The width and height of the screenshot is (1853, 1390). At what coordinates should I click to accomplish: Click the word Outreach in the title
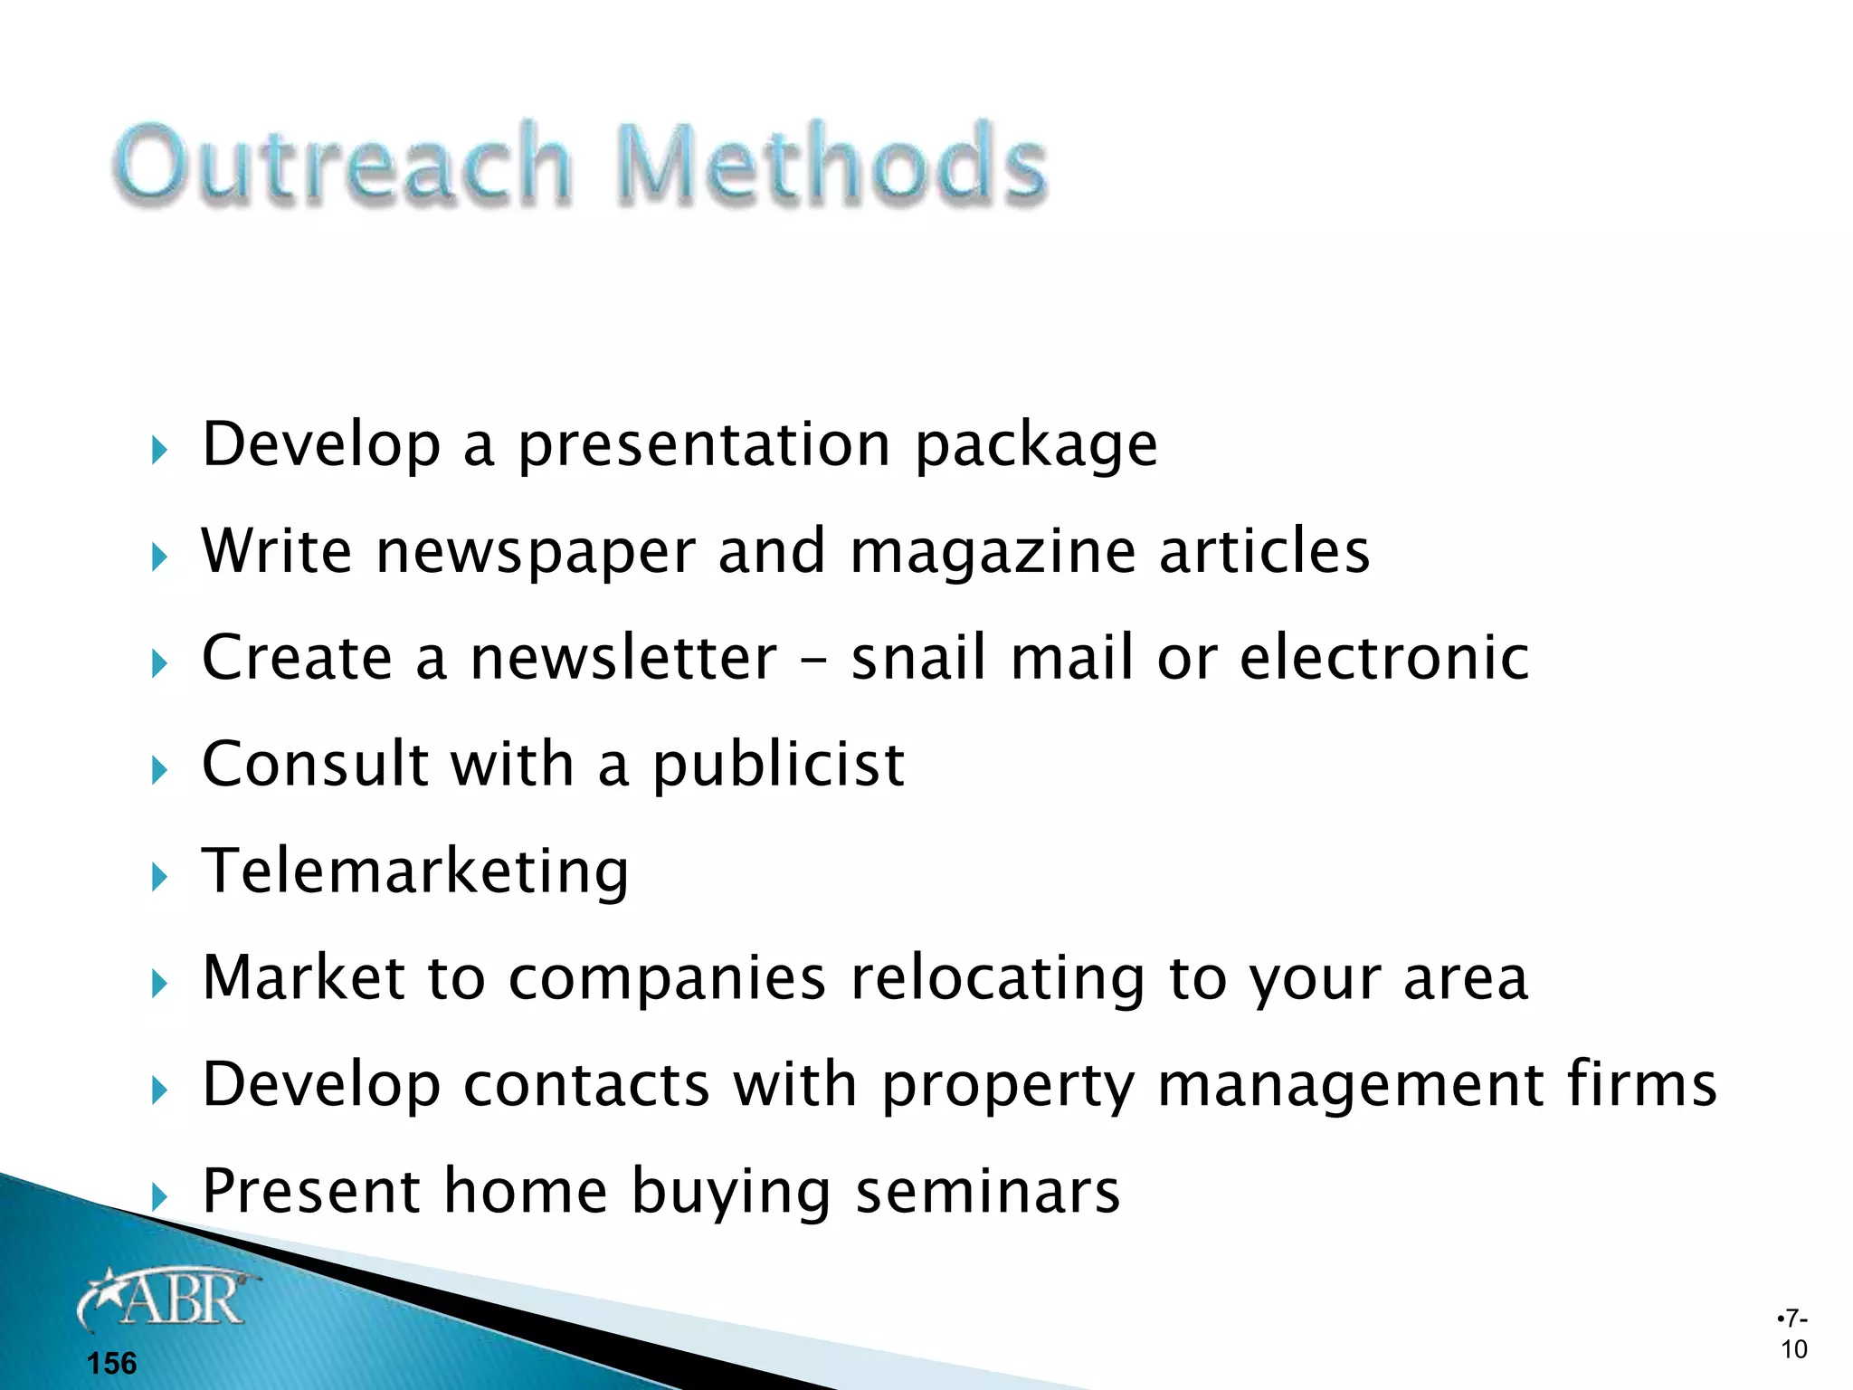click(343, 163)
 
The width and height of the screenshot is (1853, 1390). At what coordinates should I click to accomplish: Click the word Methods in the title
click(831, 163)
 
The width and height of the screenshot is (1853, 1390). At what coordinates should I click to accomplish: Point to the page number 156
click(111, 1363)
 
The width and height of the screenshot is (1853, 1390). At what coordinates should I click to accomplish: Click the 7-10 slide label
click(1793, 1334)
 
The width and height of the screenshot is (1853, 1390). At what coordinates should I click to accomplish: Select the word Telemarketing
click(415, 871)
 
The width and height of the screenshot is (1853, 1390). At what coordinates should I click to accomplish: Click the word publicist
click(778, 766)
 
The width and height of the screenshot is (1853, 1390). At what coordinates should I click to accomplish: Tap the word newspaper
click(536, 551)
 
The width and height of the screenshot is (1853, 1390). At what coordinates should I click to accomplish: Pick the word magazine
click(993, 553)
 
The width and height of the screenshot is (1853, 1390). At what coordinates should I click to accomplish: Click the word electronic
click(1383, 657)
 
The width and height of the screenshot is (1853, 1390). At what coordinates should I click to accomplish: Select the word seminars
click(988, 1191)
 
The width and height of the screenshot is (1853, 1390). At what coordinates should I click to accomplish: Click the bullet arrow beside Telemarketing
click(160, 876)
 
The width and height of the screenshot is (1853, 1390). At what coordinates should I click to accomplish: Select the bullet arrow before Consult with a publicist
click(160, 770)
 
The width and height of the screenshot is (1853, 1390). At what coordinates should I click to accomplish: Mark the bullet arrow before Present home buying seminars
click(160, 1196)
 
